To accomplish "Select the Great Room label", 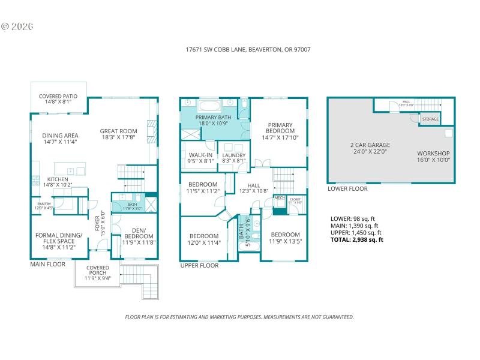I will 119,131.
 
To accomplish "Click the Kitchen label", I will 58,179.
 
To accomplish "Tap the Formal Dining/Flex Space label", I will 58,237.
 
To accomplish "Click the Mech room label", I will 279,197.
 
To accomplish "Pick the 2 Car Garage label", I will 370,145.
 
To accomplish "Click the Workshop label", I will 433,154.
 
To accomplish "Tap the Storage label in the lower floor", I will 430,119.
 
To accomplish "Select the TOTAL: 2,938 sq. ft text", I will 357,240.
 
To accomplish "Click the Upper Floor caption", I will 199,265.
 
